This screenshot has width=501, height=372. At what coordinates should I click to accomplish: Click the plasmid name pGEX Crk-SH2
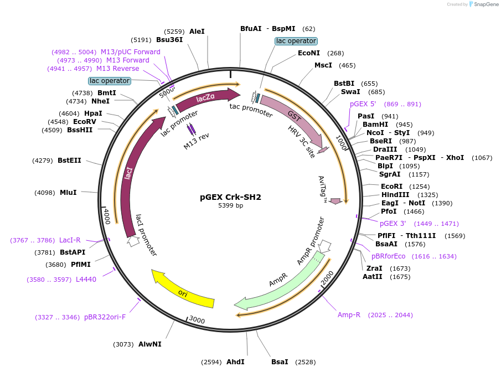coord(230,197)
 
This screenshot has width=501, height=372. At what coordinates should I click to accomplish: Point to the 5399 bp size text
coord(230,206)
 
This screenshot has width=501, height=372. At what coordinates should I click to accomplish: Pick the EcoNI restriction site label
coord(308,53)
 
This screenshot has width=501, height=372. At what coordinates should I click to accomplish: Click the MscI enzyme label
coord(323,65)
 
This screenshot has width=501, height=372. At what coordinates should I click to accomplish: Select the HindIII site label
coord(395,195)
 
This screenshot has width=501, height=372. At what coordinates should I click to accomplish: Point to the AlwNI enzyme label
coord(150,344)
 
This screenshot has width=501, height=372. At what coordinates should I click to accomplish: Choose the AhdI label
coord(235,362)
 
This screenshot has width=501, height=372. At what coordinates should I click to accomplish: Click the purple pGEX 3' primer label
coord(392,224)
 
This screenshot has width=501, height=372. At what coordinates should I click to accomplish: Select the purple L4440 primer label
coord(86,280)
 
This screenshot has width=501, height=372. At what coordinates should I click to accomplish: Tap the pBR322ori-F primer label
coord(105,317)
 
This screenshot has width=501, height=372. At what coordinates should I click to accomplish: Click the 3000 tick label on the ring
coord(197,319)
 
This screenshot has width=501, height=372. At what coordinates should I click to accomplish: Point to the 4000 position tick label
coord(107,216)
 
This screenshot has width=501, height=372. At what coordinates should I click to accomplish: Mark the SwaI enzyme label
coord(350,92)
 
